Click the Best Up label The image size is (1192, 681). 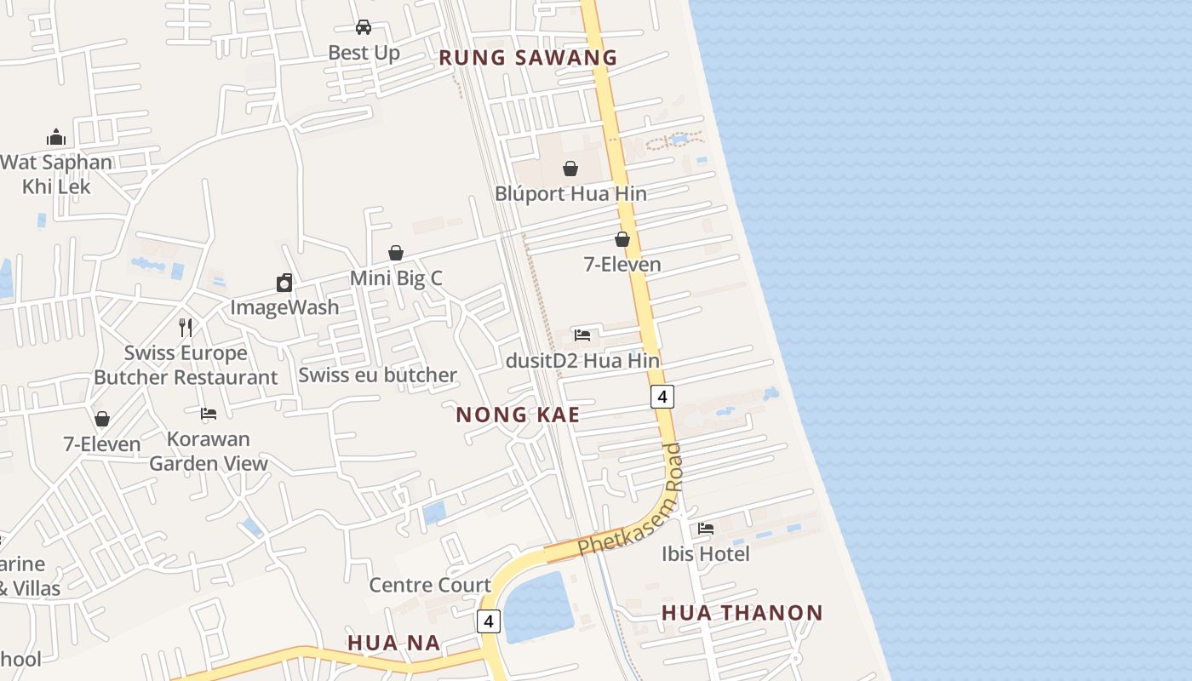364,53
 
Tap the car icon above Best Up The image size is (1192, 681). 364,27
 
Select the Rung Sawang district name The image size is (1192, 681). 527,58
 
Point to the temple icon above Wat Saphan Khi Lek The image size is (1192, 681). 56,137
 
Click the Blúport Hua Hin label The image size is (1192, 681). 570,194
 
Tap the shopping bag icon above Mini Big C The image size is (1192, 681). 396,253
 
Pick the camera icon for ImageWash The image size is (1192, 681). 284,283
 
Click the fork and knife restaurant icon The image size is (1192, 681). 186,328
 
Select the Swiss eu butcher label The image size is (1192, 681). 377,375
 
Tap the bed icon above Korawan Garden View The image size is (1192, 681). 209,415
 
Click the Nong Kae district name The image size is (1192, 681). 518,415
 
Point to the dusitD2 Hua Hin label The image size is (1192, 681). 582,360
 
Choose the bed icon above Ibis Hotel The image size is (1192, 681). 706,529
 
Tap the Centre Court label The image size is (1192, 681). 430,585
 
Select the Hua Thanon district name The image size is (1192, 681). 742,613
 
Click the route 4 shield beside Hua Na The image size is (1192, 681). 488,621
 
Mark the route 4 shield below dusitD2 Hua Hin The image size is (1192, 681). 662,396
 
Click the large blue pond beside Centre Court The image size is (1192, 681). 539,606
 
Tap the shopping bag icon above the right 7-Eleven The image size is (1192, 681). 622,239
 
